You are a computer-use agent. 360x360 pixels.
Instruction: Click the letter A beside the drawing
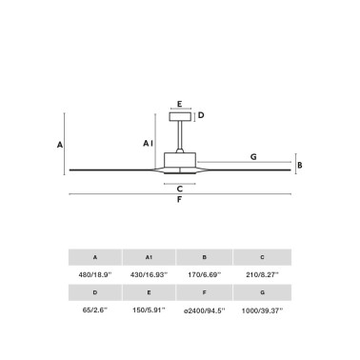(x=60, y=145)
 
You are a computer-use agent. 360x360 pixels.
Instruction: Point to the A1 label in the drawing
(x=148, y=144)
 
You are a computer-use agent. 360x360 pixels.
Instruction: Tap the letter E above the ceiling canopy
(x=180, y=104)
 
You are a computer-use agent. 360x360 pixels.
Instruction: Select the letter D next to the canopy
(x=201, y=115)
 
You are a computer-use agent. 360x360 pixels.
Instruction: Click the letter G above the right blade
(x=253, y=156)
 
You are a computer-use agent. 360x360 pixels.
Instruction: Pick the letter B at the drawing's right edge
(x=300, y=165)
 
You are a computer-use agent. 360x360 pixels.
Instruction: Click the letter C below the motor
(x=180, y=189)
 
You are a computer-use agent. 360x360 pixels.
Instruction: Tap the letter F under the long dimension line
(x=179, y=199)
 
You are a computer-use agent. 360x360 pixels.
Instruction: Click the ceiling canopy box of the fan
(x=180, y=116)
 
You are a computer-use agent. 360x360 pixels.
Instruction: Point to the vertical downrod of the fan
(x=180, y=135)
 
